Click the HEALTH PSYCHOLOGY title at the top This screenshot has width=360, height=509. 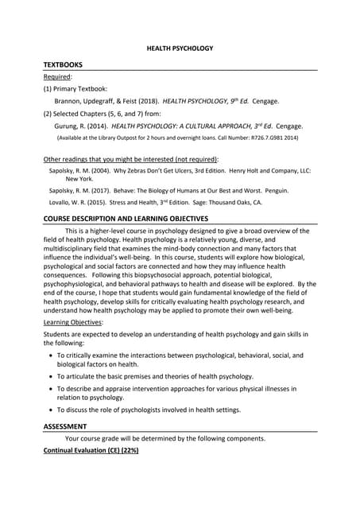[x=180, y=49]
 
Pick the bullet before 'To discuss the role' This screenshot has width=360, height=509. [x=52, y=410]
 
